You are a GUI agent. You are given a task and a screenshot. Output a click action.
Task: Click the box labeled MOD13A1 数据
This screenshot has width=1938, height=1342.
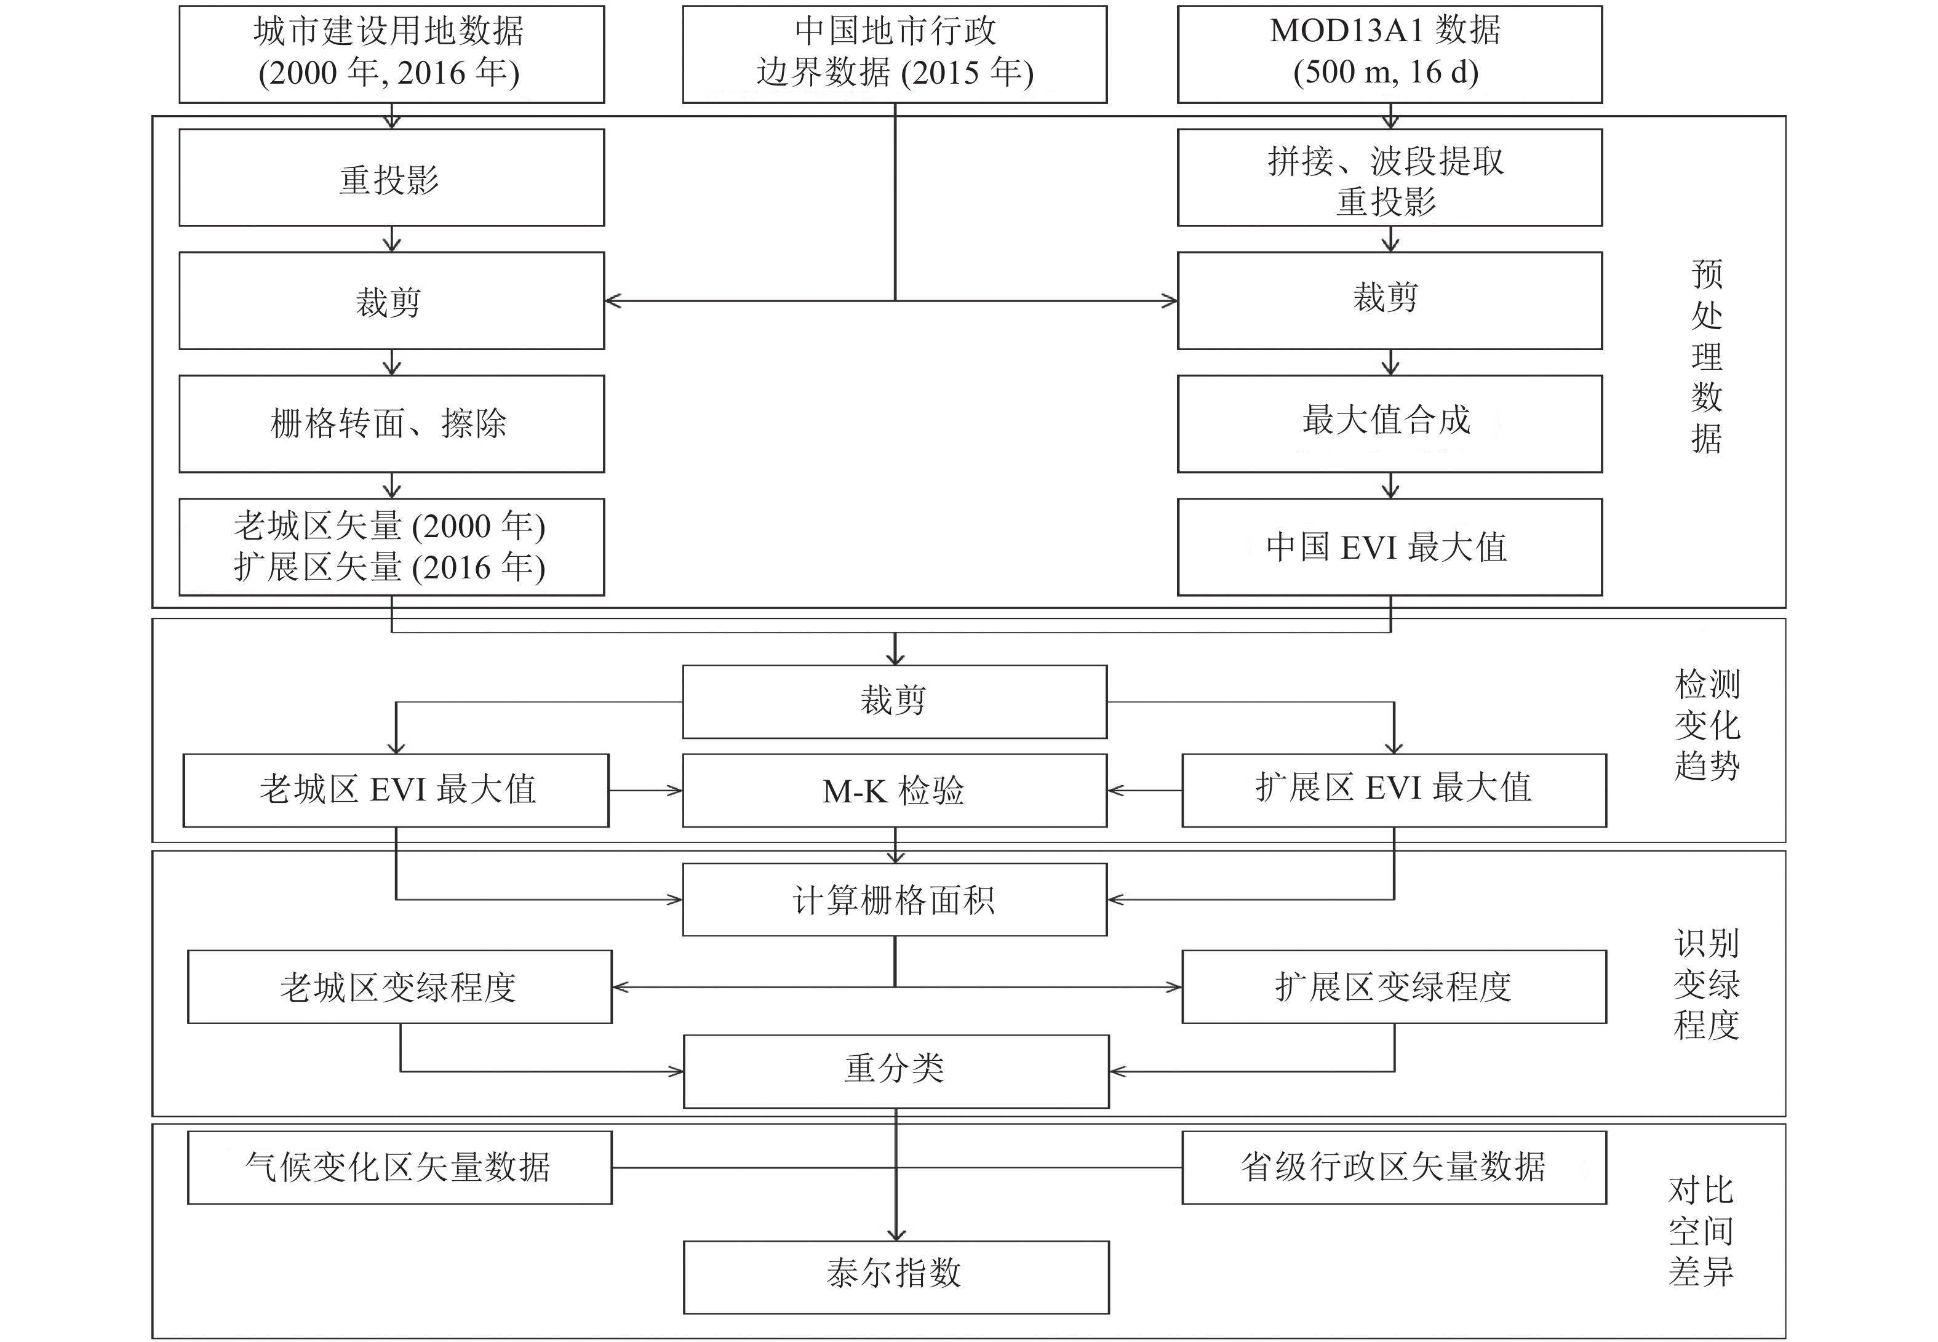pos(1390,55)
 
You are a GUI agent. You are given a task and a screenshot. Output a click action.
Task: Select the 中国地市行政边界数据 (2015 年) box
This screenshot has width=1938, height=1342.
pos(895,55)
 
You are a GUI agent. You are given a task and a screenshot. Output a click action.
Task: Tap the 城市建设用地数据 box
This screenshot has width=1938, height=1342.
pos(392,55)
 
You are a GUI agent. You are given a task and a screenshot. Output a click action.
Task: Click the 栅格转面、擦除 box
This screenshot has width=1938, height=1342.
pos(392,424)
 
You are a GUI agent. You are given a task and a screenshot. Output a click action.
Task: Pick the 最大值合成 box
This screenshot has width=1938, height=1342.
pos(1390,424)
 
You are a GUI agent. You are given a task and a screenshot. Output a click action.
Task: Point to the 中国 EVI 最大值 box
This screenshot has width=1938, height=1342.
pos(1390,548)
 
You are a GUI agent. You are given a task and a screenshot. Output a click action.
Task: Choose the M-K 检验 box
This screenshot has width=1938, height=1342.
pos(895,791)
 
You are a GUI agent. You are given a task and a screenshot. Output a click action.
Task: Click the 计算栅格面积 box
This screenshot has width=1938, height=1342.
pos(895,900)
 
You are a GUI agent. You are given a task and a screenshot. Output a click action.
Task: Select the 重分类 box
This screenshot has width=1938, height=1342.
pos(896,1071)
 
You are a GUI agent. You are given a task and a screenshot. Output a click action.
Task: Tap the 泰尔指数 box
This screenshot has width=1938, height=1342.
pos(896,1277)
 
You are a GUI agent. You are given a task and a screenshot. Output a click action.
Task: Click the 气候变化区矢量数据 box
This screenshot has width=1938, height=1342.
pos(400,1168)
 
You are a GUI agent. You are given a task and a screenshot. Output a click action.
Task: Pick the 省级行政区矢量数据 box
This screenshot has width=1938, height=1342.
pos(1394,1168)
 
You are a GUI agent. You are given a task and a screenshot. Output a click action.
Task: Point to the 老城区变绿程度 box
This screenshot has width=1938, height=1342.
pos(400,987)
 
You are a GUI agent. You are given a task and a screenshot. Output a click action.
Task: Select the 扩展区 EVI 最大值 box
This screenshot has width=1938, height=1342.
pos(1394,791)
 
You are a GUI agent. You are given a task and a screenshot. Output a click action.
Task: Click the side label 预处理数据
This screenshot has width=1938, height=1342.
pos(1707,356)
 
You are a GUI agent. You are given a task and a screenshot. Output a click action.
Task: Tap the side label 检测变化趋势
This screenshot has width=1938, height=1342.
pos(1707,725)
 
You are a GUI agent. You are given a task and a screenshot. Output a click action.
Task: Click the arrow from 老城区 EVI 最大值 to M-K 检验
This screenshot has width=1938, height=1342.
pos(646,791)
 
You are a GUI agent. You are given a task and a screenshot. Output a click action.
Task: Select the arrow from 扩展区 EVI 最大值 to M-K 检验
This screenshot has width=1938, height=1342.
pos(1145,791)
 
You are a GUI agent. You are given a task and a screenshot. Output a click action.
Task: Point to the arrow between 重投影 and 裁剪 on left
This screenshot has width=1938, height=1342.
pos(392,239)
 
